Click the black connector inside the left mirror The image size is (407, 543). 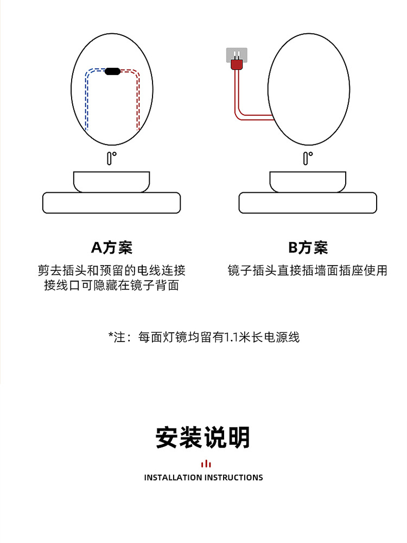pos(113,71)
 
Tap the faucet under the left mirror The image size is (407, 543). pos(111,158)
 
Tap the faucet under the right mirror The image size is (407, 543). pos(307,158)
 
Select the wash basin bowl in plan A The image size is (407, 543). pos(112,181)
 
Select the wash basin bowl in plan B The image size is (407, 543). pos(308,181)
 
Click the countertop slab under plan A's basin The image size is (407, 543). pos(112,203)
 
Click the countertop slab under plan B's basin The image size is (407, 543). pos(308,203)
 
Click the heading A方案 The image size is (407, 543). pos(112,248)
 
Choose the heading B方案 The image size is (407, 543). pos(308,248)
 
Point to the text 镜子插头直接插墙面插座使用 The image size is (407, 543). pos(308,270)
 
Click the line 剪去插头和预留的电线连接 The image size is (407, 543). pos(112,270)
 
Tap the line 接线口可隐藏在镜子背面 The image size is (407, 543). pos(112,286)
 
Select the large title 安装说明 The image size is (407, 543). pos(203,438)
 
